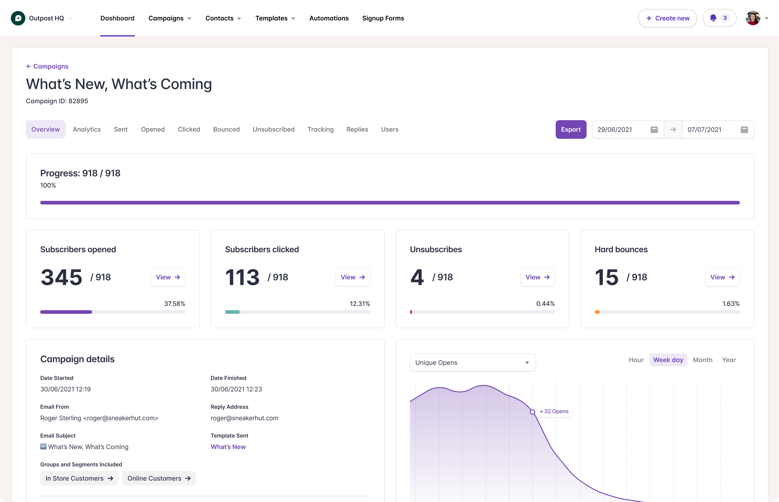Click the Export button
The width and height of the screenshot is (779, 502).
click(570, 129)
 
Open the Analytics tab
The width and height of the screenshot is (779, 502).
click(87, 129)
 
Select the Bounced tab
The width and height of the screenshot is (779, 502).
click(226, 129)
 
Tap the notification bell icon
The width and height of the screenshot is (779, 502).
click(713, 18)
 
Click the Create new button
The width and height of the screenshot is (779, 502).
click(667, 18)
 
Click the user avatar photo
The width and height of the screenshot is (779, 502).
click(753, 18)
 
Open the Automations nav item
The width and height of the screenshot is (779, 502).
click(329, 18)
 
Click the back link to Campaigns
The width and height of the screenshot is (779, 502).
click(47, 67)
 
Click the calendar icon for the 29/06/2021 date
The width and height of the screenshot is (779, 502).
click(654, 129)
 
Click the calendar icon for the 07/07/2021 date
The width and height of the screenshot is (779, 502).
click(744, 129)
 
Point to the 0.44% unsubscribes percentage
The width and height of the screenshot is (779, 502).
click(545, 303)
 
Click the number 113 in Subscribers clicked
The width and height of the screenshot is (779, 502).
click(242, 277)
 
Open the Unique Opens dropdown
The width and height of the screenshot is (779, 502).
click(472, 362)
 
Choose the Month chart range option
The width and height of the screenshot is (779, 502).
click(702, 360)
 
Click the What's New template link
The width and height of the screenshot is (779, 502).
click(228, 447)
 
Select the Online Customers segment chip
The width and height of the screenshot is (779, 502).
click(159, 478)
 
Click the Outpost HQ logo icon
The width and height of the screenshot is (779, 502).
click(18, 18)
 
